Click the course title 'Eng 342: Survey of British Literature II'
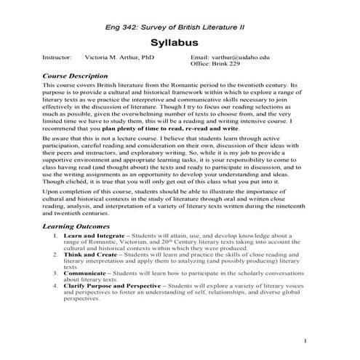pyautogui.click(x=179, y=25)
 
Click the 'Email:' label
pyautogui.click(x=199, y=57)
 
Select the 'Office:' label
pyautogui.click(x=201, y=64)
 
